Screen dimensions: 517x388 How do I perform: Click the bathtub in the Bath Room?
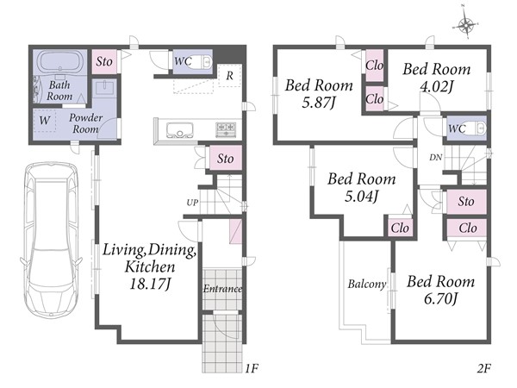59,62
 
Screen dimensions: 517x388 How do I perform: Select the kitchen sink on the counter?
180,130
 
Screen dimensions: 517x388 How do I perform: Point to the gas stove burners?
226,128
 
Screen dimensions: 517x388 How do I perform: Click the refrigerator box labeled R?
229,75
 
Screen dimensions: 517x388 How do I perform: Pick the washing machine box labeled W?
45,121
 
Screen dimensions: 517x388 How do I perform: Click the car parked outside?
51,239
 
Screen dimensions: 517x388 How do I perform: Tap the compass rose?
465,25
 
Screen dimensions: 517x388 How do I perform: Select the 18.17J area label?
150,284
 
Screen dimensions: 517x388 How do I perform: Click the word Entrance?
222,289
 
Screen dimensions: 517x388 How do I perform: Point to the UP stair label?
192,203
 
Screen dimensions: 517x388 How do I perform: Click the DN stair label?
435,158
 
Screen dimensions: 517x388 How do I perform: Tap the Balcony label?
367,284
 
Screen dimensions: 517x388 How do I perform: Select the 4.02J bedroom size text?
436,86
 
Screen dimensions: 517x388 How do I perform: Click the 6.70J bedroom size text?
441,299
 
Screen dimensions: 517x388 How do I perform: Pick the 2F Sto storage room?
466,201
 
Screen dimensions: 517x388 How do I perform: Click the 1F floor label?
252,368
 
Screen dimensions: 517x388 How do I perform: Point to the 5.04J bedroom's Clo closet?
400,228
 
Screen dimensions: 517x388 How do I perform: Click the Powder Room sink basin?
104,89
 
